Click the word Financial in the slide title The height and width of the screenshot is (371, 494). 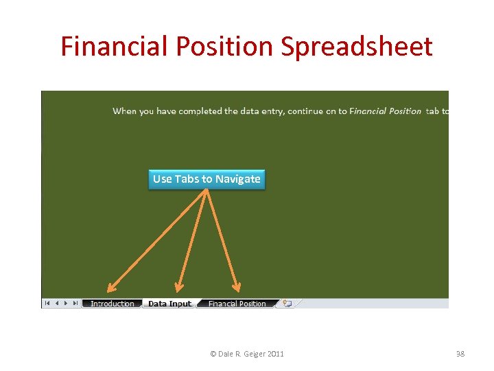(113, 47)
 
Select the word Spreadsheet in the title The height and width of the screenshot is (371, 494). (355, 47)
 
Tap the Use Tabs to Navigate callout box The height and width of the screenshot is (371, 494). (207, 179)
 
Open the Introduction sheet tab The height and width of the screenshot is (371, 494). (113, 304)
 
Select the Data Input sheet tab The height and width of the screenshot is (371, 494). (169, 304)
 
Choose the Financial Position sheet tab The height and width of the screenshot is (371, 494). (237, 304)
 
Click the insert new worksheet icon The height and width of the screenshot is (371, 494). (287, 304)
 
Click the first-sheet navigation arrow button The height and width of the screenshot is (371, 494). (47, 303)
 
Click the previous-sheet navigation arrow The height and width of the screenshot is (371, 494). (56, 303)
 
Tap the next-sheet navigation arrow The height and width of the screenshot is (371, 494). (65, 303)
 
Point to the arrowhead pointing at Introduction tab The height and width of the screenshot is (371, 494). (110, 289)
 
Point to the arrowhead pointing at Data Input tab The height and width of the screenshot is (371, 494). (178, 289)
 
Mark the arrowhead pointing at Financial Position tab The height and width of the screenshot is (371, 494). (237, 289)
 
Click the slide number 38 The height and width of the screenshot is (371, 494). (460, 354)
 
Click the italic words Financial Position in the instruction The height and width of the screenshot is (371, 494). (385, 111)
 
